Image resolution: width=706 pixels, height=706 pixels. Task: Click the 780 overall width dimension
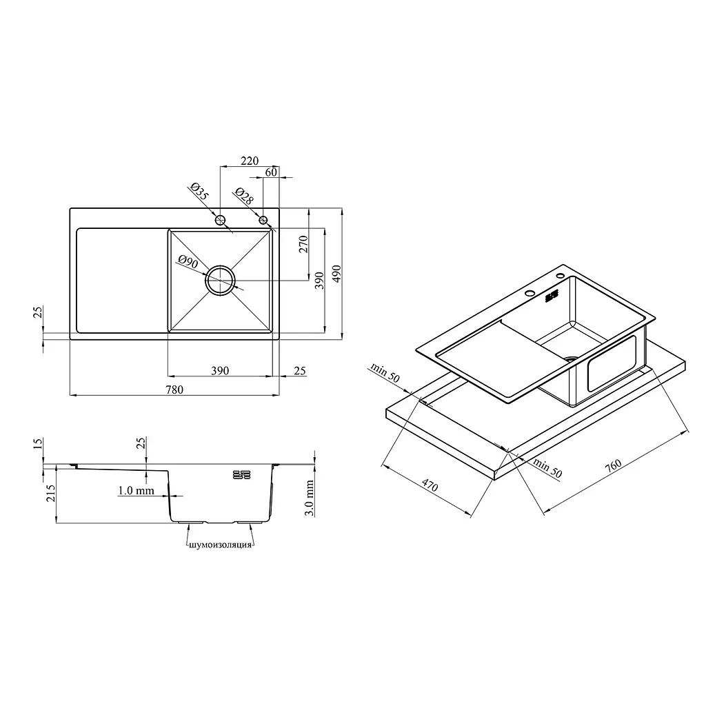[x=174, y=390]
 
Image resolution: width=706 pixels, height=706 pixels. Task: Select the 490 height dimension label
[x=336, y=274]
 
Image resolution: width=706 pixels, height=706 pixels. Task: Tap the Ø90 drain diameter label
[x=188, y=261]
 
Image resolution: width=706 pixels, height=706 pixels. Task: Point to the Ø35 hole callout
[x=199, y=192]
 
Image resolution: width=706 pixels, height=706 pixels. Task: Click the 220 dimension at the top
[x=250, y=161]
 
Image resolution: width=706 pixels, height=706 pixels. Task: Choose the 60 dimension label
[x=271, y=172]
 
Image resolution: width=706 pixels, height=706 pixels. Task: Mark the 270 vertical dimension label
[x=303, y=244]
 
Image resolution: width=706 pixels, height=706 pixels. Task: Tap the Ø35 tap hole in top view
[x=220, y=220]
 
